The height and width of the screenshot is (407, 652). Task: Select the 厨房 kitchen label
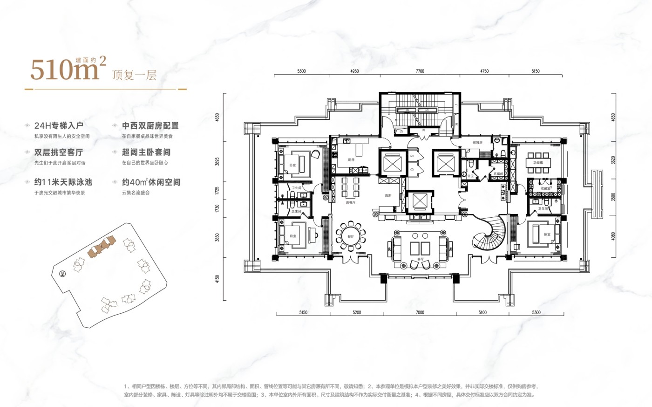tap(351, 160)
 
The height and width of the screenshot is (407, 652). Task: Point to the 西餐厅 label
tap(351, 203)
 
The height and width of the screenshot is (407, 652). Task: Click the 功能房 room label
tap(538, 163)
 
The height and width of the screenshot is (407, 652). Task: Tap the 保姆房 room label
tap(477, 143)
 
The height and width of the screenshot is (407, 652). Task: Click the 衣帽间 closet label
tap(498, 173)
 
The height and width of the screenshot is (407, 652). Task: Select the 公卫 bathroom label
tap(470, 176)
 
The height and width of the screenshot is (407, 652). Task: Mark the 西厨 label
tap(388, 196)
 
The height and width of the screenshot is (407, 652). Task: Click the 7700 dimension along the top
tap(420, 71)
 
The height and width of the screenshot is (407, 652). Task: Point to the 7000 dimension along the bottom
tap(420, 312)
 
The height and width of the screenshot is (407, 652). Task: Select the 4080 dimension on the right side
tap(613, 236)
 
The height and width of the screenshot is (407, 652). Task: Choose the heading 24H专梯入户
tap(59, 126)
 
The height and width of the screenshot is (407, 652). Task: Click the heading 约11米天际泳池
tap(63, 182)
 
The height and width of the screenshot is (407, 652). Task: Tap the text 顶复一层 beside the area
tap(134, 75)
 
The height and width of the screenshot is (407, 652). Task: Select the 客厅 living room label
tap(421, 259)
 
